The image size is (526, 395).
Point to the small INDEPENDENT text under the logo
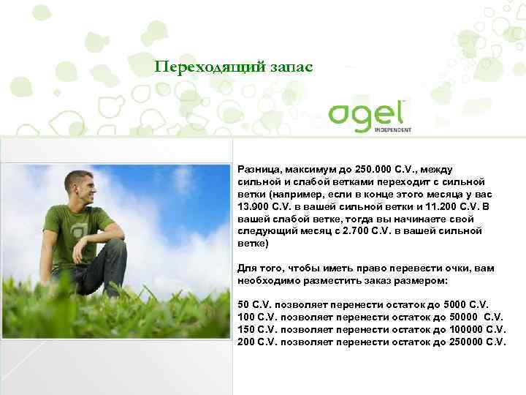coord(394,130)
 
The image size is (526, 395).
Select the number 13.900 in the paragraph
coord(254,206)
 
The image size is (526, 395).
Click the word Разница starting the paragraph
coord(257,170)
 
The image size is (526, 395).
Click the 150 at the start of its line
coord(246,330)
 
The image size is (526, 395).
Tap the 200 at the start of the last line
coord(246,342)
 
